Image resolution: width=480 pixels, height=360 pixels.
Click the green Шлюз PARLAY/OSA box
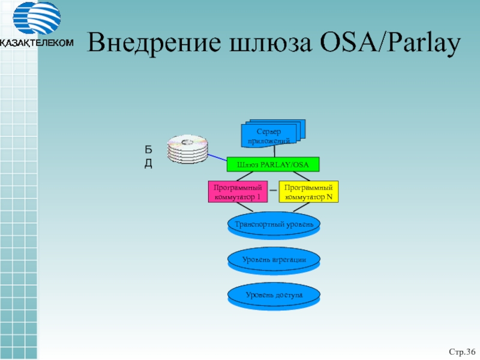273,164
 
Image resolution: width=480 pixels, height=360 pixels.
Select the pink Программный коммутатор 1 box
238,191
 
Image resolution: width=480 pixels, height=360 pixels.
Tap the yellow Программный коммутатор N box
308,191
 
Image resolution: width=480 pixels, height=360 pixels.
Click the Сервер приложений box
273,134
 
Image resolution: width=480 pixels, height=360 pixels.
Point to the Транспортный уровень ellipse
274,226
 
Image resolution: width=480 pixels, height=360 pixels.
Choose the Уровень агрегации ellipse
274,261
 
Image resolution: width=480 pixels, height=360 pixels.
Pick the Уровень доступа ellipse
274,296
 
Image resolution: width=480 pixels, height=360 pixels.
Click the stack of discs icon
187,148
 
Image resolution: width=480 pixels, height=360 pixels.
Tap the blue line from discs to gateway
217,158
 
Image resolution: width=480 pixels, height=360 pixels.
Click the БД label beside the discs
148,157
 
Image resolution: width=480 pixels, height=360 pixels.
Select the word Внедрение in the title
154,42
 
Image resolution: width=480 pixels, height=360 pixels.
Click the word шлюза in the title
271,43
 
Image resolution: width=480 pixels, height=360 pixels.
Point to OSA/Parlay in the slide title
391,43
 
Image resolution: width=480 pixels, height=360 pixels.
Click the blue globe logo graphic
37,17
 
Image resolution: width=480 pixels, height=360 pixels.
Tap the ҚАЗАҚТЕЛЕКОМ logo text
37,43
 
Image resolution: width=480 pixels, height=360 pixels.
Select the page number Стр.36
462,352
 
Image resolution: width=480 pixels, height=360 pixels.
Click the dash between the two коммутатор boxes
273,190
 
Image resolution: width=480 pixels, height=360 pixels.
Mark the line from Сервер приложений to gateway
274,152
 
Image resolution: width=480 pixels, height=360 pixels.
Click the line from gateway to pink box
245,176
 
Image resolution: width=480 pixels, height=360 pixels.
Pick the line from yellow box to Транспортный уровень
302,207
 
